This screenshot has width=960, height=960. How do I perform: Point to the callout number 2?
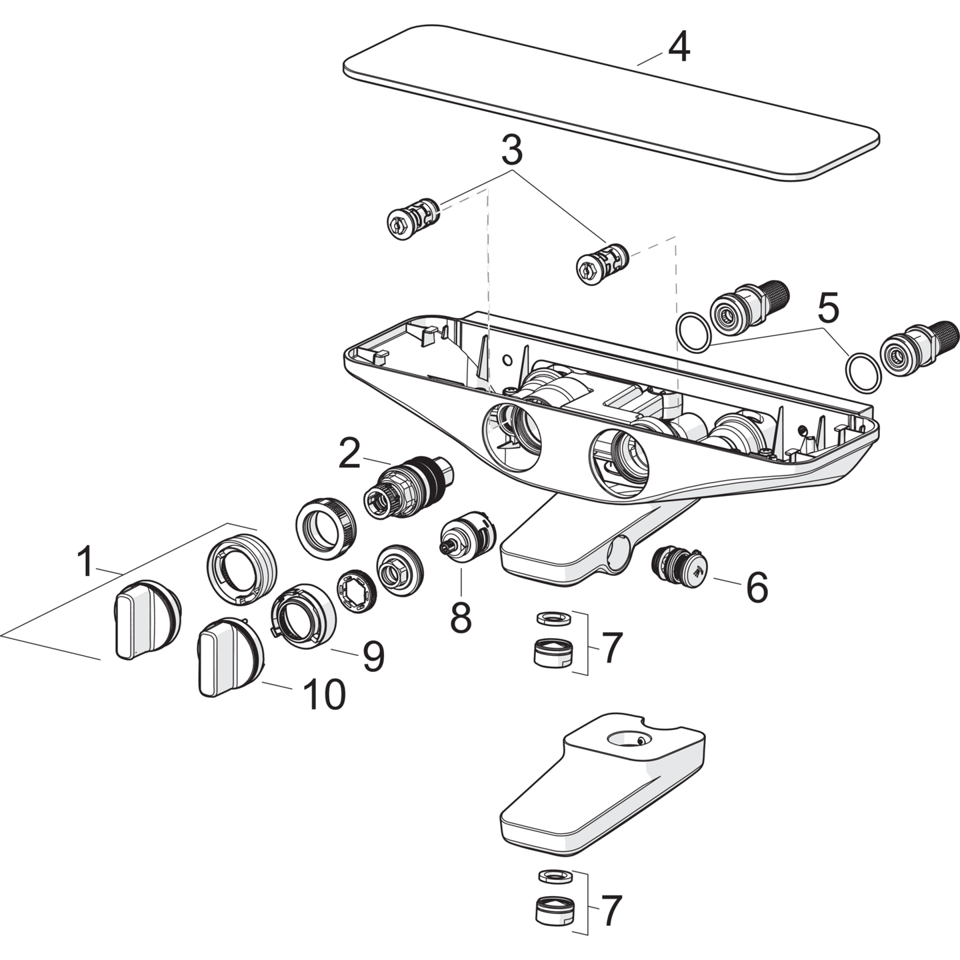pyautogui.click(x=349, y=453)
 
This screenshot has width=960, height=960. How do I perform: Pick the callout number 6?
pyautogui.click(x=757, y=587)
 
